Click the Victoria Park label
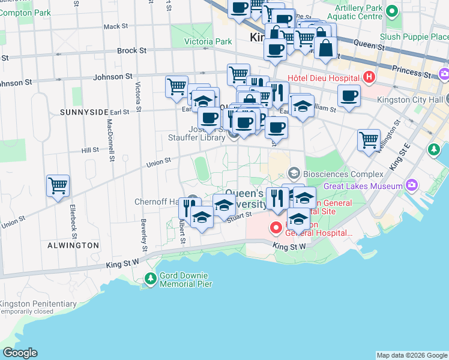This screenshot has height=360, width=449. [208, 42]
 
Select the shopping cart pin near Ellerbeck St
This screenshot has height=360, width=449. [58, 185]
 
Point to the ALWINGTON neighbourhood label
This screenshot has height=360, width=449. [74, 245]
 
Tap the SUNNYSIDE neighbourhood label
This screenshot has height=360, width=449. [83, 112]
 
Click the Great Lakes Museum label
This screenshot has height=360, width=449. [363, 186]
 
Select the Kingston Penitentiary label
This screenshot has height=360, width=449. [38, 304]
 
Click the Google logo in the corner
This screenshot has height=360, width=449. [20, 353]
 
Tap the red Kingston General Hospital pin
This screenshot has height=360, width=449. [276, 228]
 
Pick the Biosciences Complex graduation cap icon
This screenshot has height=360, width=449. [294, 174]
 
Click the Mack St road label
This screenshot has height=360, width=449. [112, 26]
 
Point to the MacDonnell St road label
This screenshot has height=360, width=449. [110, 140]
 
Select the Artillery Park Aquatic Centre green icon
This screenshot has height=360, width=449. [392, 11]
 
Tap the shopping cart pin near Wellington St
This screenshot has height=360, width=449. [369, 140]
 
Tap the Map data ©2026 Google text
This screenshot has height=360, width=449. [411, 355]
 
